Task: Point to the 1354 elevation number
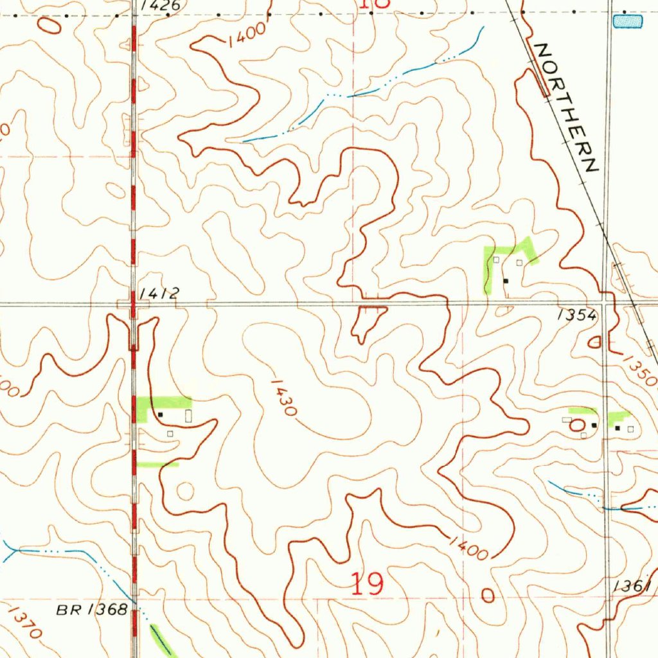point(577,315)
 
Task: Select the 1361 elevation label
point(633,586)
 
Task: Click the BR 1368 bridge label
point(91,610)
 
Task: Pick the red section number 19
point(368,585)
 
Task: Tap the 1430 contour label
point(283,397)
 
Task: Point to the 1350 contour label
point(640,370)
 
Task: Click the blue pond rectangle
point(628,22)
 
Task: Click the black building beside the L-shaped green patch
point(506,281)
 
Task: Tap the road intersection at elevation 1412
point(133,304)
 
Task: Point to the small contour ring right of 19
point(488,596)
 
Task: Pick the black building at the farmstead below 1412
point(161,415)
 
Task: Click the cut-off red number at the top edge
point(375,4)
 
